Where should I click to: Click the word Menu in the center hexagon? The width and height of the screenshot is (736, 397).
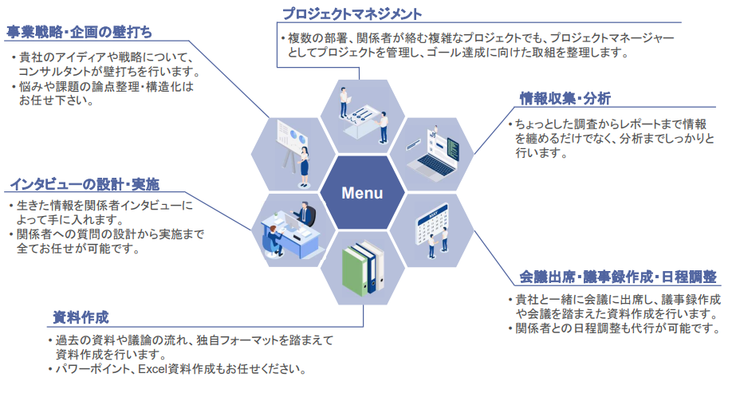click(x=362, y=193)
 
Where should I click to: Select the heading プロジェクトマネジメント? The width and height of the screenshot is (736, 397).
click(x=352, y=14)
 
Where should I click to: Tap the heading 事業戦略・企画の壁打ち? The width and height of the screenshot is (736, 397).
click(x=80, y=33)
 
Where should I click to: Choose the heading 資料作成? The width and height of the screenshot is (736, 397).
click(x=81, y=316)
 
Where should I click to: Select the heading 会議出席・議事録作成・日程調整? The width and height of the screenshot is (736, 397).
click(x=618, y=277)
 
